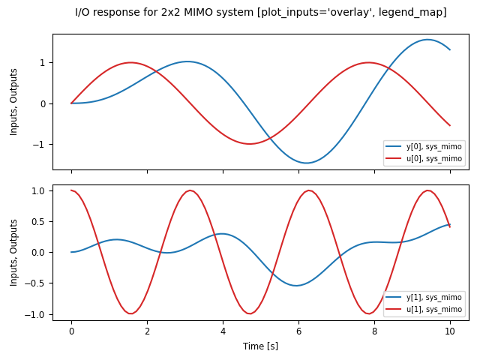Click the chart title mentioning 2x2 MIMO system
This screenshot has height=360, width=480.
260,12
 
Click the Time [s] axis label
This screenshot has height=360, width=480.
260,346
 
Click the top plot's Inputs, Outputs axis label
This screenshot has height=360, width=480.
14,102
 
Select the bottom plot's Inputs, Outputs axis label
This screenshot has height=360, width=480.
14,253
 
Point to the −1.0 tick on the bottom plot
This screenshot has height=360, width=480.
34,314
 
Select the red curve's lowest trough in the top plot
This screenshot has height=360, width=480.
250,144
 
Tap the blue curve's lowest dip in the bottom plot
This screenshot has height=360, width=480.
297,285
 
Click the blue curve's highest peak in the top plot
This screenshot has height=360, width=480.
427,40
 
